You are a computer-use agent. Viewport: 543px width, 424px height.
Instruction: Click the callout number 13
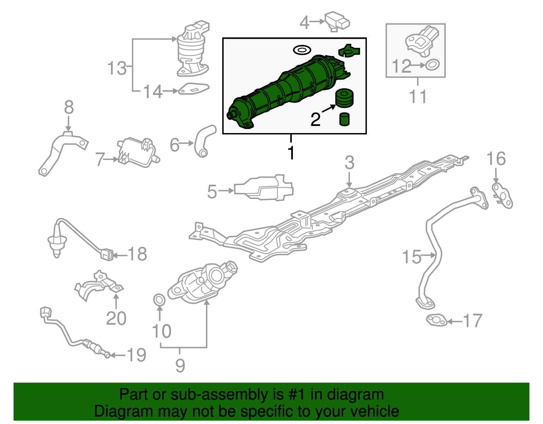point(117,68)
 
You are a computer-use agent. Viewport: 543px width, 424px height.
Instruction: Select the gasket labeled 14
point(193,89)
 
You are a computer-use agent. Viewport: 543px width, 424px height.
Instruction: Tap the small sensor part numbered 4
point(337,22)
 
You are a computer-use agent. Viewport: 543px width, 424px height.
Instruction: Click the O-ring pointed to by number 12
point(432,65)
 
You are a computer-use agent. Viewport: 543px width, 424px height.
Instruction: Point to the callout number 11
point(417,96)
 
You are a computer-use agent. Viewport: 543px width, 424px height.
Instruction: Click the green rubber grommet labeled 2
point(344,98)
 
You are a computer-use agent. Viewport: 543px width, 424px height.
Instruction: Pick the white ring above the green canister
point(302,50)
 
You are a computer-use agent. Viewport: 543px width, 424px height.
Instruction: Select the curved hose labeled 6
point(204,142)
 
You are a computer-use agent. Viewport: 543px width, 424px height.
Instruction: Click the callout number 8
point(69,107)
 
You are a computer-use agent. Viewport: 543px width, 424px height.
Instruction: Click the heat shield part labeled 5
point(264,188)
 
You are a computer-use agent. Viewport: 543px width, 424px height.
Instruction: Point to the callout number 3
point(349,163)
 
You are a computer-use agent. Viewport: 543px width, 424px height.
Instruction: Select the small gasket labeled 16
point(502,196)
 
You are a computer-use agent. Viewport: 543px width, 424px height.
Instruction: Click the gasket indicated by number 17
point(436,320)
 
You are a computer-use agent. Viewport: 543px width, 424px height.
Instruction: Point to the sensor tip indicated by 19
point(107,355)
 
